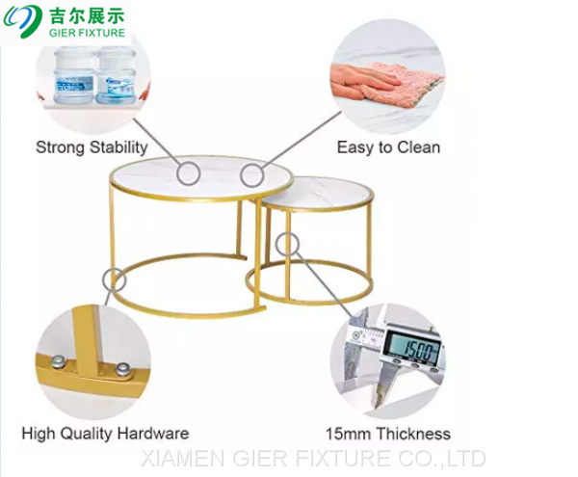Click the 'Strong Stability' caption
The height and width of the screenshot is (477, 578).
point(92,147)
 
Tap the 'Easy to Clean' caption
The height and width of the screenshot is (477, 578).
point(388,147)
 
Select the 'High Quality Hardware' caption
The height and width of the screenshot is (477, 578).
point(105,434)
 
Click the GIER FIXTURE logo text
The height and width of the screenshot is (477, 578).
point(87,33)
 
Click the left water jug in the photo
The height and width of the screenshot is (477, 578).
point(66,75)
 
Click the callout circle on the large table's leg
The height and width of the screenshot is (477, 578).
point(115,279)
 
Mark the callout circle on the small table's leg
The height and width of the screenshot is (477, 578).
point(286,244)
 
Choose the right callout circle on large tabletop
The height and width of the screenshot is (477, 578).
point(251,175)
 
